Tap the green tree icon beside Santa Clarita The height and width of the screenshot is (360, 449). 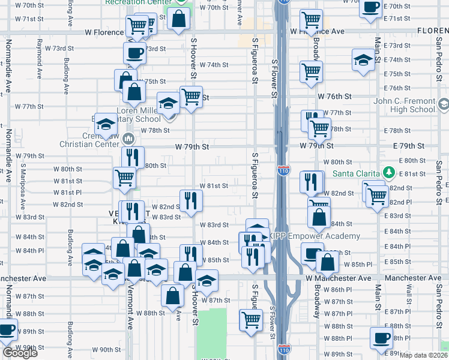click(389, 173)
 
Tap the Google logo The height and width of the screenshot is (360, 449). click(19, 353)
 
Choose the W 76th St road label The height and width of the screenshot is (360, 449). click(334, 96)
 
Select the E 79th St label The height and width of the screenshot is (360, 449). click(409, 146)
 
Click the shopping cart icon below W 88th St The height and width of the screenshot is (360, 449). click(250, 319)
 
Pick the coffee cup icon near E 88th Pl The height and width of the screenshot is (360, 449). click(381, 337)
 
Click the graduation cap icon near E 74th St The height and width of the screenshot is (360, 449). click(363, 59)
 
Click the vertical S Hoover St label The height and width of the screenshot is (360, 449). click(194, 57)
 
